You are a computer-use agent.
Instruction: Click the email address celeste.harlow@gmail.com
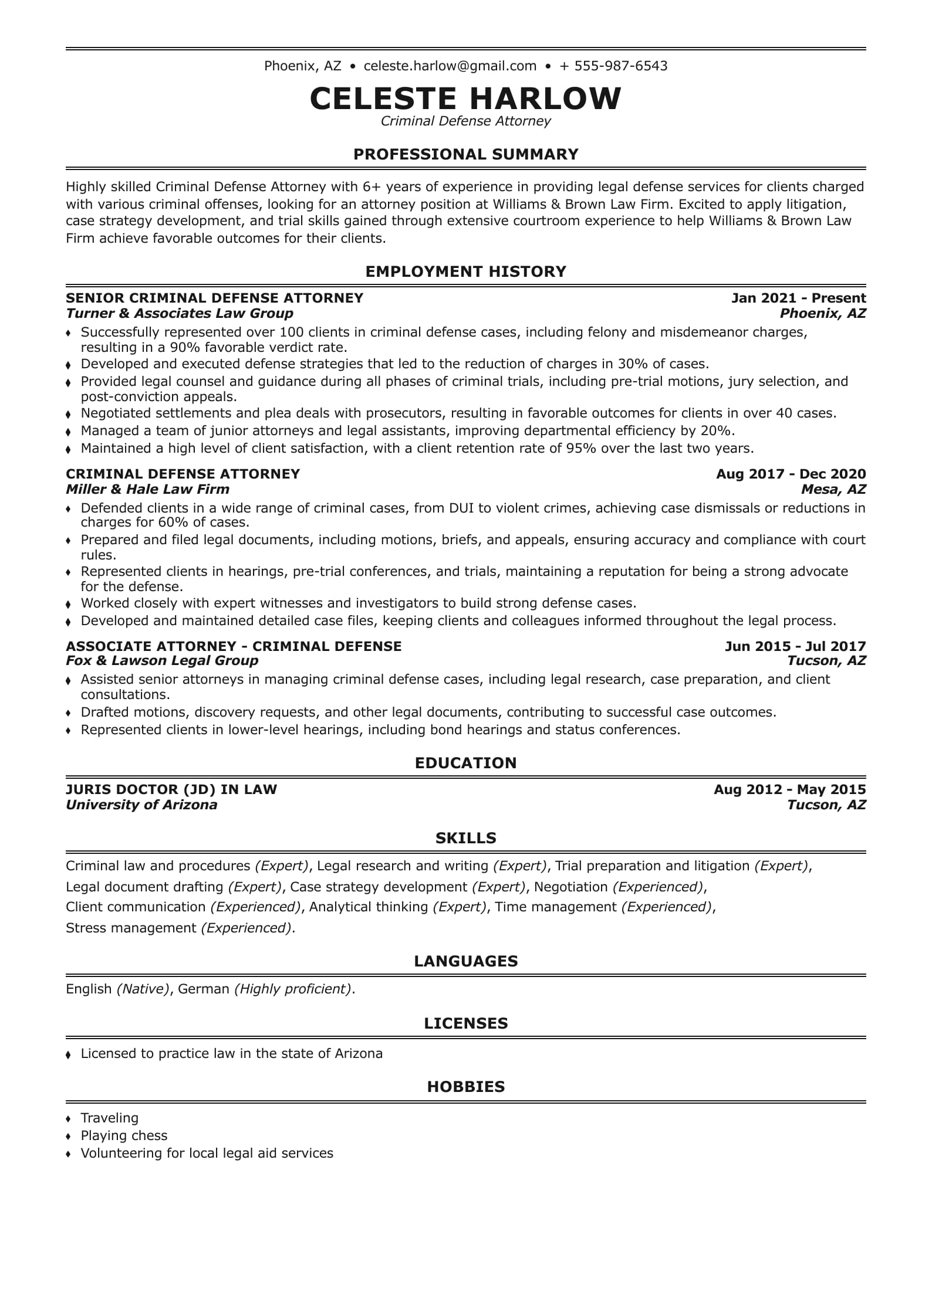[x=450, y=66]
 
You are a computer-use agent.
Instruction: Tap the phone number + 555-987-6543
[x=613, y=66]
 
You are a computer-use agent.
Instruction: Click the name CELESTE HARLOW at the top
[x=465, y=98]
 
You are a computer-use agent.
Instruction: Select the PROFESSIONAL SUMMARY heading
[x=465, y=154]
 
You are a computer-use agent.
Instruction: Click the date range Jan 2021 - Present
[x=798, y=298]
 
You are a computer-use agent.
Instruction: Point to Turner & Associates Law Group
[x=180, y=313]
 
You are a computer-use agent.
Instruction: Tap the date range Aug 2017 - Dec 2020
[x=791, y=474]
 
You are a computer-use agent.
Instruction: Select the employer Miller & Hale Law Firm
[x=147, y=489]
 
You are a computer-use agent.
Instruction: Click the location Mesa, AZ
[x=833, y=489]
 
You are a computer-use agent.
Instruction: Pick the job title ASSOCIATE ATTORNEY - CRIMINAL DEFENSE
[x=234, y=646]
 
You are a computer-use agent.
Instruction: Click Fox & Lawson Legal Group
[x=162, y=661]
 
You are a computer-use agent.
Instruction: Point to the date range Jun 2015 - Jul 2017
[x=795, y=646]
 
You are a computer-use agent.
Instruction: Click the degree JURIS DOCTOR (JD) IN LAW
[x=171, y=789]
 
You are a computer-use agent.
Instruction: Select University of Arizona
[x=141, y=805]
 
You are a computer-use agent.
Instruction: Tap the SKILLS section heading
[x=465, y=838]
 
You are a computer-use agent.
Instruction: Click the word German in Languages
[x=203, y=989]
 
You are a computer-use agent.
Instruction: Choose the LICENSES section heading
[x=465, y=1023]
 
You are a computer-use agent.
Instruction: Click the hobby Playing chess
[x=124, y=1135]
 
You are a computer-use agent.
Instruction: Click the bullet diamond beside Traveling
[x=69, y=1119]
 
